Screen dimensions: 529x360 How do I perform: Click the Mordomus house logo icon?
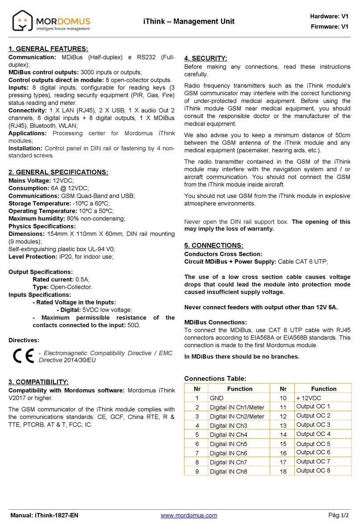23,21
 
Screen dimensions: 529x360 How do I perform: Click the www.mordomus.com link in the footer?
188,516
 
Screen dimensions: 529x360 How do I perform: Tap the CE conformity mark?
22,356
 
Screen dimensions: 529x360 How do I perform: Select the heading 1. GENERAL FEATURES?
49,49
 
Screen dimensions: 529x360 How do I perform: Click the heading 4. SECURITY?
206,58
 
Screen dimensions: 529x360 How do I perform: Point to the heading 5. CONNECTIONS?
214,245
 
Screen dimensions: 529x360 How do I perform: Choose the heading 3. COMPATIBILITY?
39,382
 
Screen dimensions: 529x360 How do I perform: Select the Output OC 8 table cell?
313,471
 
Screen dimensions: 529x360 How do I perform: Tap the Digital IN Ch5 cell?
228,444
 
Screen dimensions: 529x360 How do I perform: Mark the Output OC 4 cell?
313,434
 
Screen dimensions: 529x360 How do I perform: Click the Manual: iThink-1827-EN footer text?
44,516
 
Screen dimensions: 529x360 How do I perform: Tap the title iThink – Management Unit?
188,21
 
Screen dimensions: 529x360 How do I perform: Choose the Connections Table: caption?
215,379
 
